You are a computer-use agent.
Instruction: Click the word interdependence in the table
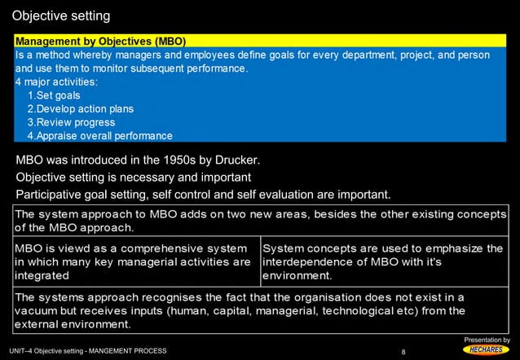(x=309, y=261)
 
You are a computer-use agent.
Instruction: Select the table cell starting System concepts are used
(x=382, y=261)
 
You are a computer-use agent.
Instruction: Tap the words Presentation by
(x=487, y=339)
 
